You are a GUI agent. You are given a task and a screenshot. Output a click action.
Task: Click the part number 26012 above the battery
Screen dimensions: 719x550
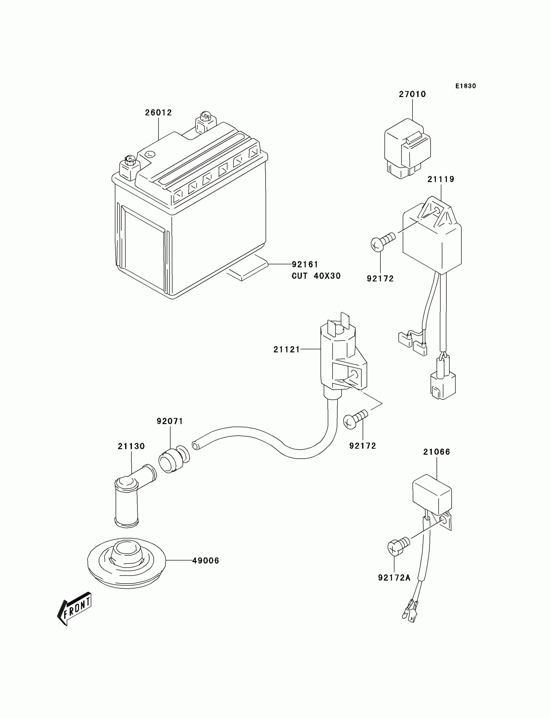pyautogui.click(x=159, y=113)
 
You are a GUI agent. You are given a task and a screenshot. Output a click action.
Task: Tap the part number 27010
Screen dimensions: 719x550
pyautogui.click(x=412, y=94)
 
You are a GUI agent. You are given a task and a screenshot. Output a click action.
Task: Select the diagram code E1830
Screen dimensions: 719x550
pyautogui.click(x=466, y=86)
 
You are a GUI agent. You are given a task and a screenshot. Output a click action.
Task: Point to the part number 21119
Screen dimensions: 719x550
pyautogui.click(x=441, y=179)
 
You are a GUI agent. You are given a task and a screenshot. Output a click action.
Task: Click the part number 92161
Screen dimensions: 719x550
pyautogui.click(x=305, y=265)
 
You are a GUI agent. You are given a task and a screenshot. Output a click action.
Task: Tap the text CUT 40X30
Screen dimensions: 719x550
pyautogui.click(x=316, y=276)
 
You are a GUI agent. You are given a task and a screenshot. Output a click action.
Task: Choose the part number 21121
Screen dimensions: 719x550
pyautogui.click(x=286, y=350)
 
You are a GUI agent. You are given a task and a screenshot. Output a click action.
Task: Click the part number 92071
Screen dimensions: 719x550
pyautogui.click(x=170, y=421)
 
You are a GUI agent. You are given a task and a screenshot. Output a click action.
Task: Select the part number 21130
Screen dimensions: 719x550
pyautogui.click(x=131, y=446)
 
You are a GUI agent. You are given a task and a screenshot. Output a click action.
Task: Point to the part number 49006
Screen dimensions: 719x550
pyautogui.click(x=205, y=561)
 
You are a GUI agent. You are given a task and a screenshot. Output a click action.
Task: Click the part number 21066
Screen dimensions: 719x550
pyautogui.click(x=436, y=452)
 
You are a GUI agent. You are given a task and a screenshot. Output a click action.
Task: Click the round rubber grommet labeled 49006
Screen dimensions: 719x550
pyautogui.click(x=126, y=561)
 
